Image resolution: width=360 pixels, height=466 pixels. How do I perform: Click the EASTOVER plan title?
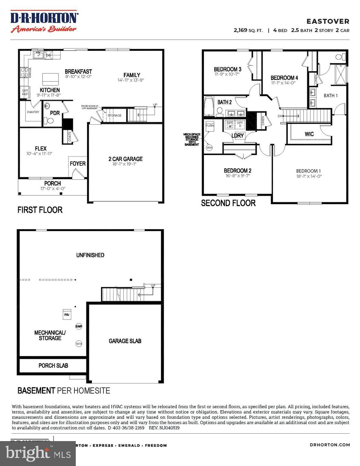click(328, 21)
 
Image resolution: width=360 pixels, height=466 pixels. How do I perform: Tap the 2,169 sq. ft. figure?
click(248, 30)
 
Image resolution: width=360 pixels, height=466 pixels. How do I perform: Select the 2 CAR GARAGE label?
click(125, 159)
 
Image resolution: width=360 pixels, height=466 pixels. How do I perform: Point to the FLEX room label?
click(41, 149)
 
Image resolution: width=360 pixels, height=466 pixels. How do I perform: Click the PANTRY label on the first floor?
click(33, 112)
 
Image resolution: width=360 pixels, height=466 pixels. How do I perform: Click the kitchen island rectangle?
click(51, 78)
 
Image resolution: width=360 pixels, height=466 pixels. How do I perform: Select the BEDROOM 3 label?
click(227, 69)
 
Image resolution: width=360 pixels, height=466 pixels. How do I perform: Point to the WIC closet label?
click(309, 134)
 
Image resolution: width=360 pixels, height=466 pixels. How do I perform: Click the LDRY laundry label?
click(237, 136)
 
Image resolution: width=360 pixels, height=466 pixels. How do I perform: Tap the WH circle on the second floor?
click(209, 148)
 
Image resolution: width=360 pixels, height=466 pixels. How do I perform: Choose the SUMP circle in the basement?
click(79, 327)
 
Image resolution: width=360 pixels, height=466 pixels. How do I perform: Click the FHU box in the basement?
click(66, 315)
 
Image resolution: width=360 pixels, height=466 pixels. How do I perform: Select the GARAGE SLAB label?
click(125, 341)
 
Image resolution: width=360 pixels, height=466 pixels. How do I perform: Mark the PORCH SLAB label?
click(53, 365)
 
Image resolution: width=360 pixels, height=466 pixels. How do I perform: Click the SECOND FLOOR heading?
click(228, 203)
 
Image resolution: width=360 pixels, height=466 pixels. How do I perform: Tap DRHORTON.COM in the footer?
click(330, 445)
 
